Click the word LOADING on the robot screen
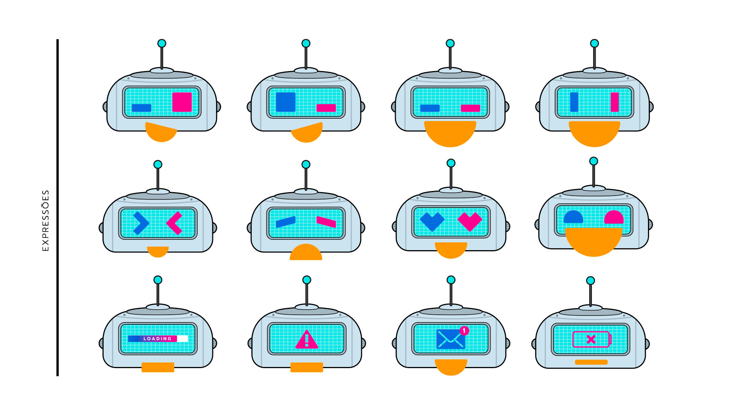click(x=157, y=339)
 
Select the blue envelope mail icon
click(x=450, y=339)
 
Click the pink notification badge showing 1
click(x=464, y=330)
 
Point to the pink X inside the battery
click(x=591, y=339)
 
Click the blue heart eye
click(x=432, y=221)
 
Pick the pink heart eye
click(x=470, y=221)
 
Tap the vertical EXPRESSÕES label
click(x=46, y=221)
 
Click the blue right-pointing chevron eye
click(x=141, y=223)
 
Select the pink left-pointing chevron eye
click(x=174, y=223)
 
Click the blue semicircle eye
click(x=573, y=217)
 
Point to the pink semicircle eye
click(x=614, y=217)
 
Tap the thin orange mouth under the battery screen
click(x=591, y=362)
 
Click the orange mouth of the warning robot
click(x=307, y=367)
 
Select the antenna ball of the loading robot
click(x=158, y=280)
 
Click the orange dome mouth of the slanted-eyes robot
click(x=306, y=253)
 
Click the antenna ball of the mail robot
click(x=451, y=280)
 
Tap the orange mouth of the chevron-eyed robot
click(x=158, y=251)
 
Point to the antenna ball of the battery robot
click(x=591, y=281)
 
